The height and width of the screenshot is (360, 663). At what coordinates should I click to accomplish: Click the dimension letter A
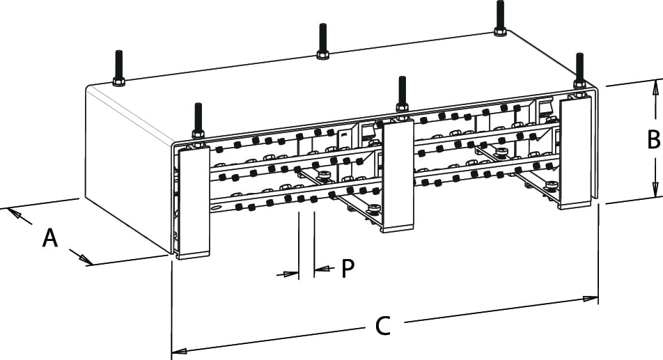pos(49,238)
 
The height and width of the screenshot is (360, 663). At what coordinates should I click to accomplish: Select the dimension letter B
pos(653,140)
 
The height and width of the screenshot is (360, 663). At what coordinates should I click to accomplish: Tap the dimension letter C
pos(382,326)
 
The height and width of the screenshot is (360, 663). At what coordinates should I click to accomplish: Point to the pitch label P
pos(348,269)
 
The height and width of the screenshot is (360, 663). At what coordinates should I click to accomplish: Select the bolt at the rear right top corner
pos(500,17)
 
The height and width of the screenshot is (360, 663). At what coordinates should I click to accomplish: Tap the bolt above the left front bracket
pos(198,120)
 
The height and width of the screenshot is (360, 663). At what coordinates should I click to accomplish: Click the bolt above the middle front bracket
pos(402,93)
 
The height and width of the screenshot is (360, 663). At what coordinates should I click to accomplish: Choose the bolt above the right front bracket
pos(579,69)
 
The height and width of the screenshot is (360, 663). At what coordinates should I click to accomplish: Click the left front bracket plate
pos(194,202)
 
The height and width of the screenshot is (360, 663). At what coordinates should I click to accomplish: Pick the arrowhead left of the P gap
pos(292,274)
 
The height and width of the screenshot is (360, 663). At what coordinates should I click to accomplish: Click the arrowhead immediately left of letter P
pos(322,269)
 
